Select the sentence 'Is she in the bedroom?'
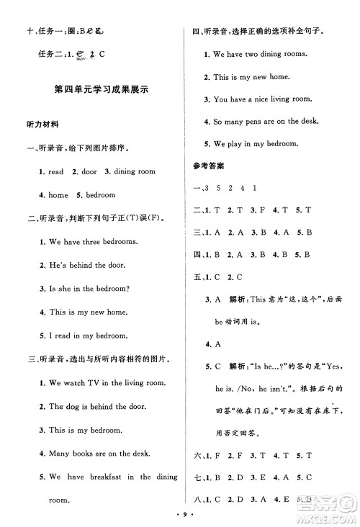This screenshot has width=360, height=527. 89,289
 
